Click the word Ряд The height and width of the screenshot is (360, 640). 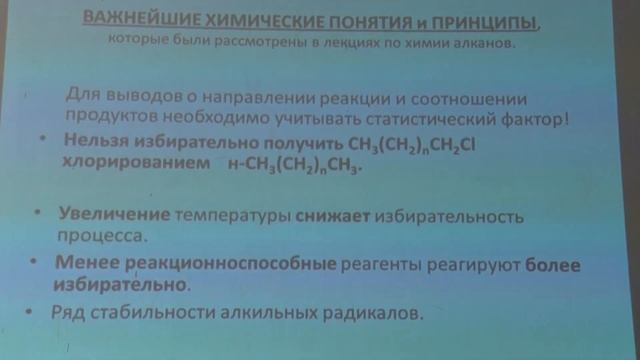(x=67, y=313)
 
